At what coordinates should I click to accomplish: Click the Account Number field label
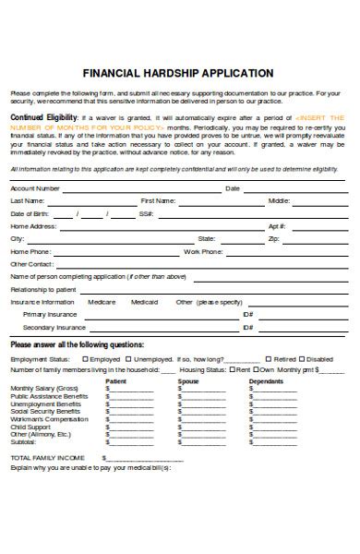[35, 187]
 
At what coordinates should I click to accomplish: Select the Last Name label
[27, 200]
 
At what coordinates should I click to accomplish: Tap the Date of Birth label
[29, 213]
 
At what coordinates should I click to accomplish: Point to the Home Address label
[33, 225]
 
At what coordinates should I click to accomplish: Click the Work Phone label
[203, 251]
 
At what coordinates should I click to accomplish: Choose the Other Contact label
[31, 263]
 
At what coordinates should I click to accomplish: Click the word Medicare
[102, 301]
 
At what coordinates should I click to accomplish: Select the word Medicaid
[145, 301]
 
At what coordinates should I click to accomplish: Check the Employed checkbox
[86, 358]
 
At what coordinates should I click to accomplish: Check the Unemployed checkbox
[129, 358]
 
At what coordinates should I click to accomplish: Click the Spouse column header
[188, 380]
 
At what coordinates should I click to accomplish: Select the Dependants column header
[267, 380]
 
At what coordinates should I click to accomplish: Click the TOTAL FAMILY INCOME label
[47, 457]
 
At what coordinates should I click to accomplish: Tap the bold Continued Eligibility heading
[43, 118]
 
